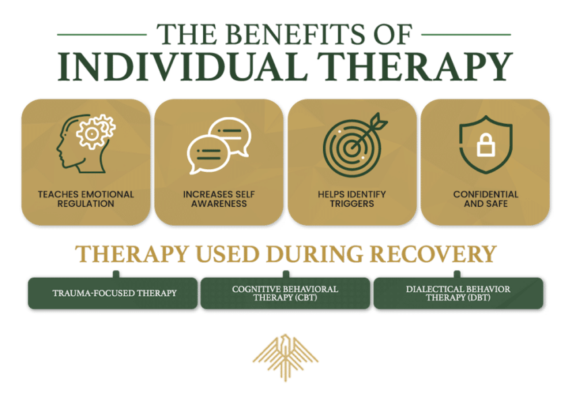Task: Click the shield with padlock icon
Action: [x=486, y=144]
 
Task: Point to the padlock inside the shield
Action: [x=486, y=145]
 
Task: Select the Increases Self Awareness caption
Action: [x=218, y=199]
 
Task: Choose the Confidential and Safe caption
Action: [x=486, y=199]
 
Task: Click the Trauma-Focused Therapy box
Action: [x=115, y=293]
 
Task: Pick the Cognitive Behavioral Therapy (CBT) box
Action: [x=285, y=293]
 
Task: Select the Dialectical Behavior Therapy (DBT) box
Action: [x=458, y=293]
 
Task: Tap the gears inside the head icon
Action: [x=96, y=133]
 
